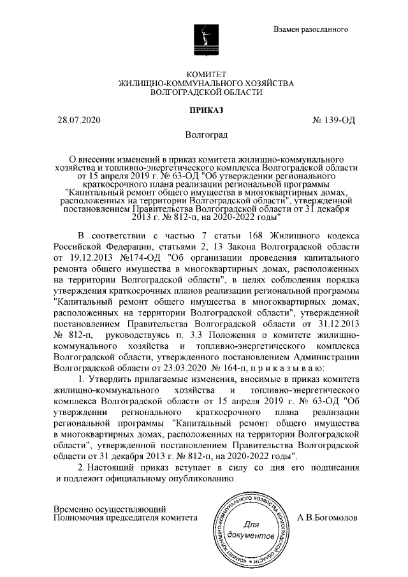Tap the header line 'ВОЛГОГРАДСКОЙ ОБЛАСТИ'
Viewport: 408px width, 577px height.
205,92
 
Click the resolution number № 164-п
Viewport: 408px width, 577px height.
235,368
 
